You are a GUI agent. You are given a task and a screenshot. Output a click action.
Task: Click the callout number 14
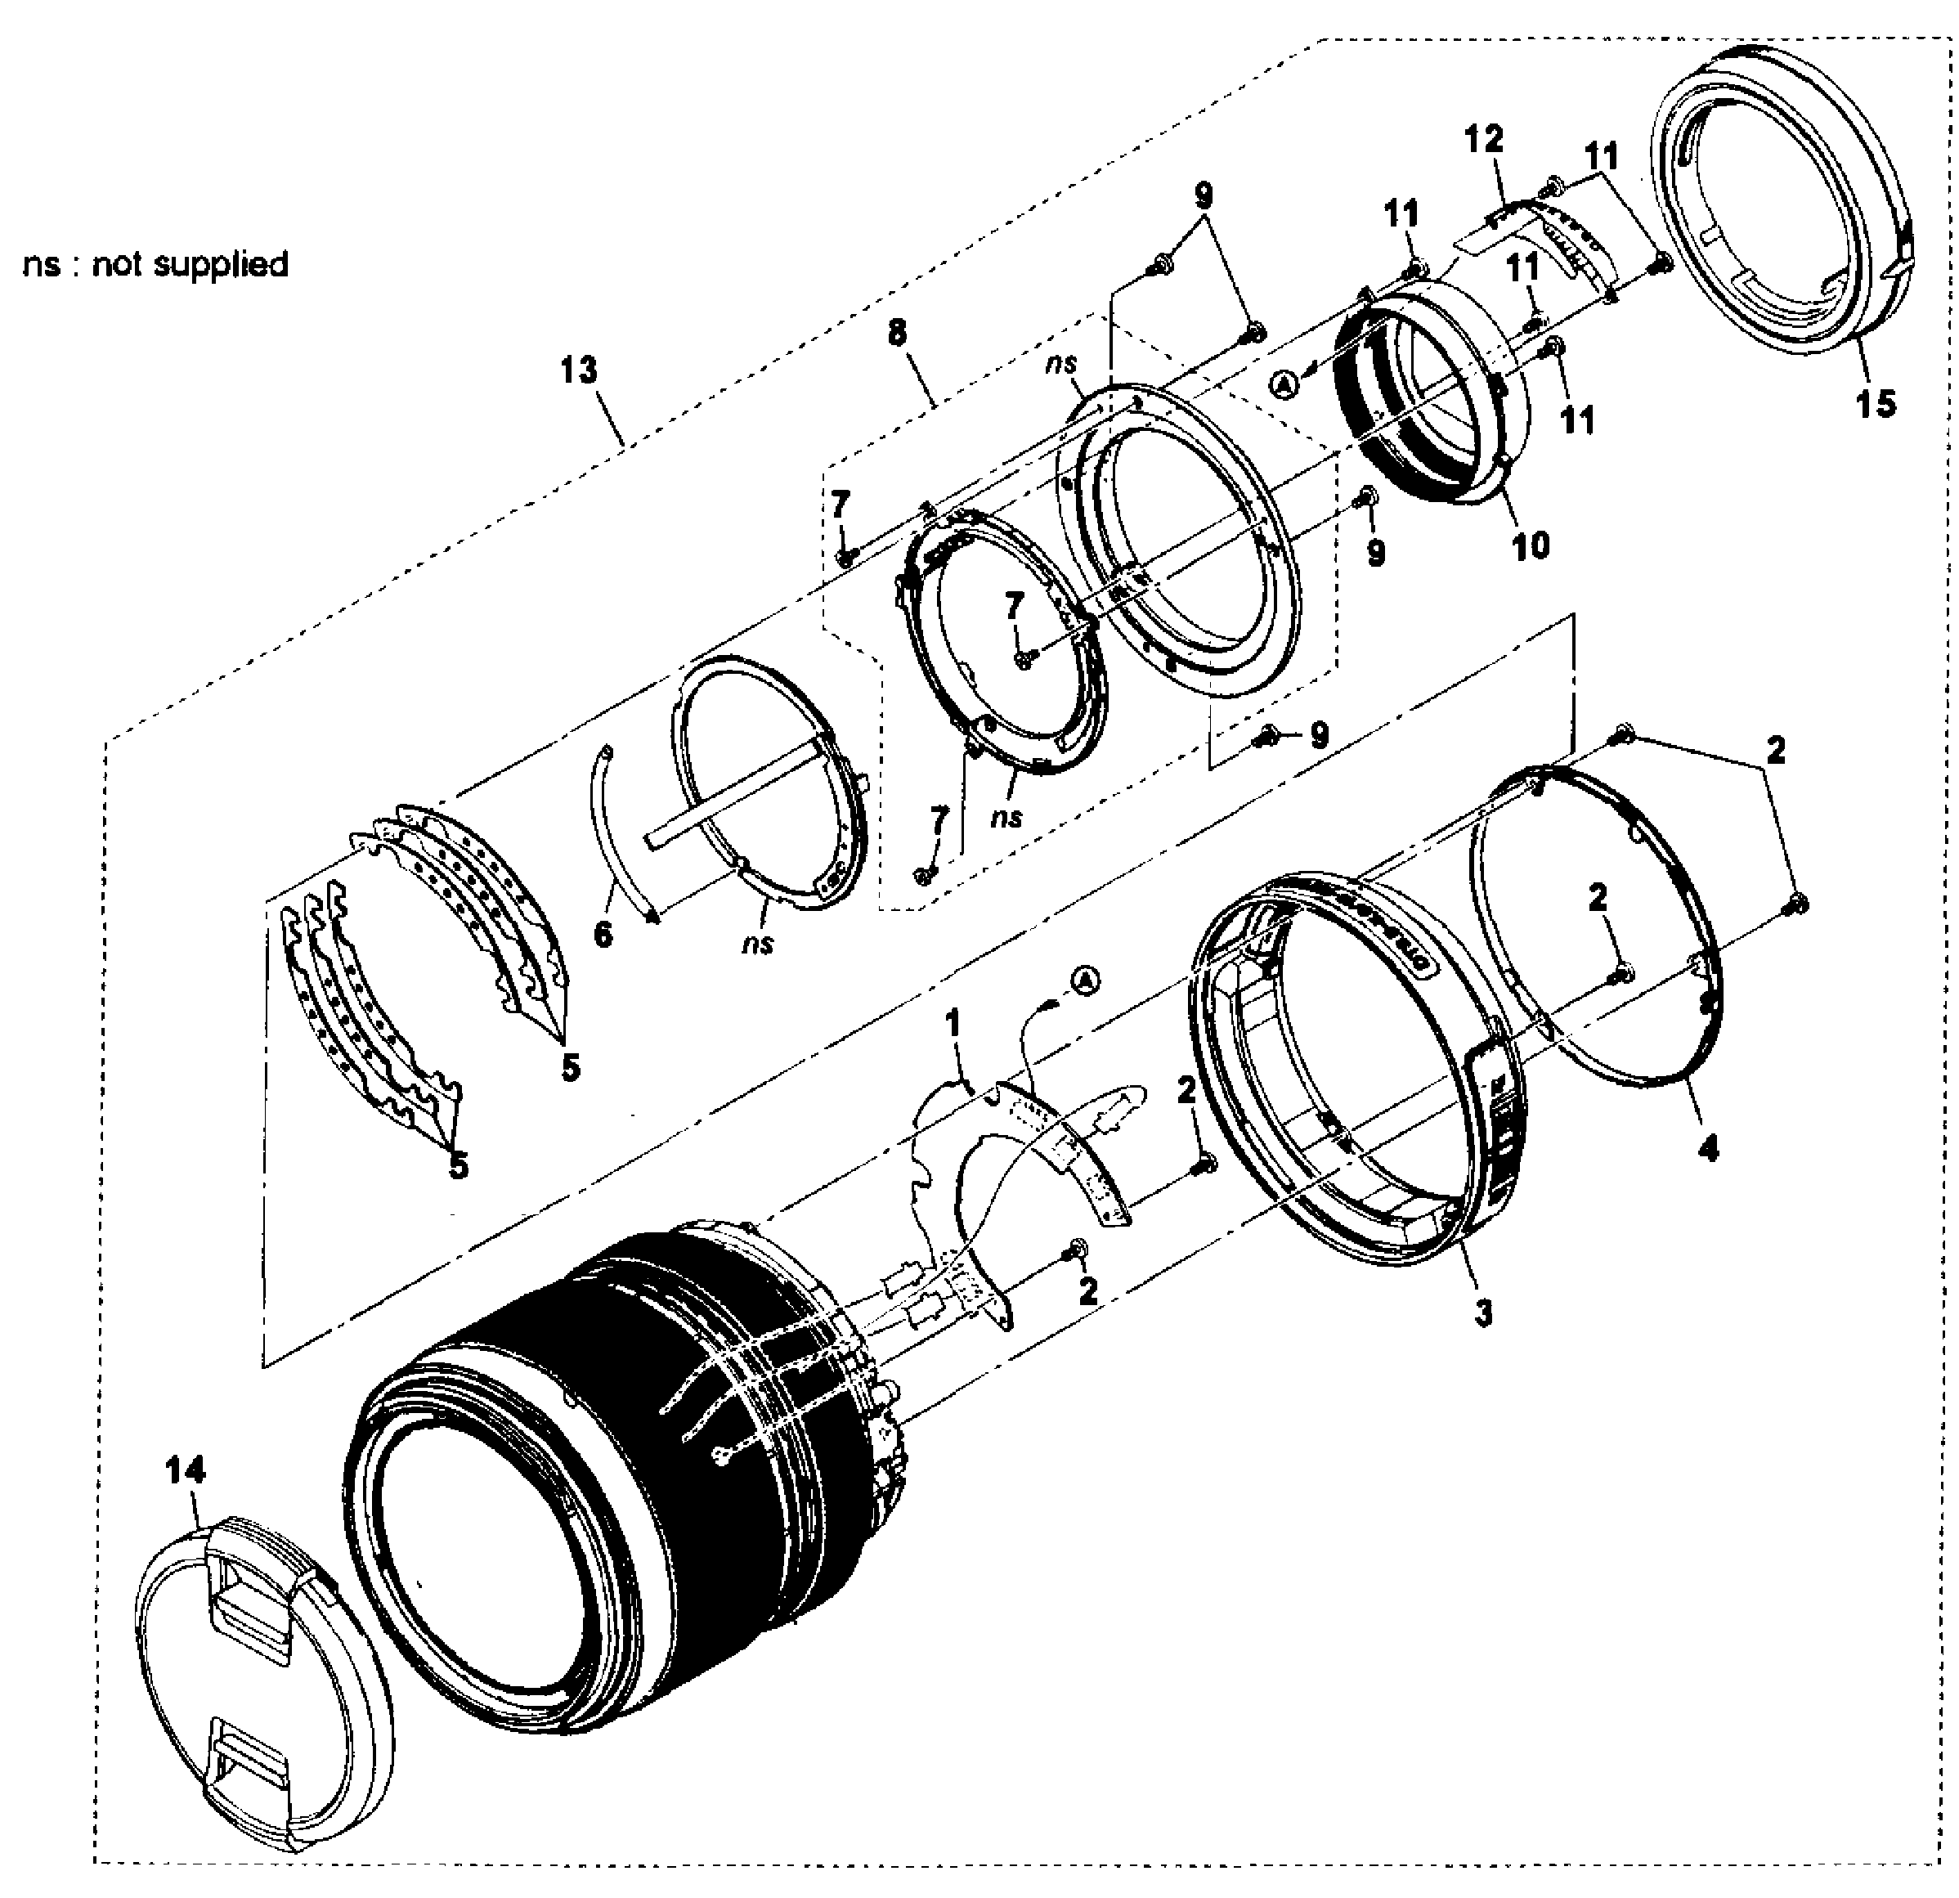186,1470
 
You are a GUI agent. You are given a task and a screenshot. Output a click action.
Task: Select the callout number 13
579,370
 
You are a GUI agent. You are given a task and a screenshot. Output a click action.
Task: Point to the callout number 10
1531,545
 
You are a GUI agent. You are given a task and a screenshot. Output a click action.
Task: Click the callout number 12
1484,139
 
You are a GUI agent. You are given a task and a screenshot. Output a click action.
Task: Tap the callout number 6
603,935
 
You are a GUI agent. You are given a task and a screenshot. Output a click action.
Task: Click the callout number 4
1708,1150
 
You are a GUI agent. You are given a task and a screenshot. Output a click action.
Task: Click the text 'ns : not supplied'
156,265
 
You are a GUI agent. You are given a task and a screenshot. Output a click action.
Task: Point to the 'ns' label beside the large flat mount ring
1060,366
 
